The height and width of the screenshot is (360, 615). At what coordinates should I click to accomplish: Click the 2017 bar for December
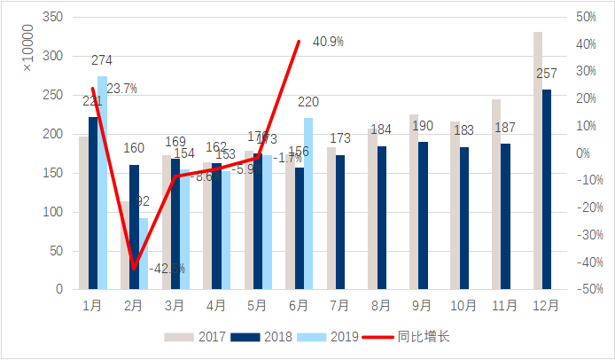[538, 160]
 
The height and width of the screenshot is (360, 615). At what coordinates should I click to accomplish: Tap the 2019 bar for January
[102, 183]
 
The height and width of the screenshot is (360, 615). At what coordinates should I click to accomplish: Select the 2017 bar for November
[496, 194]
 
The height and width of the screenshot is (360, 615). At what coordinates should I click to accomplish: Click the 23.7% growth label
[122, 89]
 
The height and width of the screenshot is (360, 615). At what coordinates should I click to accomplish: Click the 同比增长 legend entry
[409, 337]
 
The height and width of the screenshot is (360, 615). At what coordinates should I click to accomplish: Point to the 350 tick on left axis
[54, 18]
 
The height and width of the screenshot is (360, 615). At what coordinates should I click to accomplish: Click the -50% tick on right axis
[588, 290]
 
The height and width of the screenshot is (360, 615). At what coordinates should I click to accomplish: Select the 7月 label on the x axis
[339, 306]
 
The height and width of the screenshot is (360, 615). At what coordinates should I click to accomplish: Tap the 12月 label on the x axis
[546, 306]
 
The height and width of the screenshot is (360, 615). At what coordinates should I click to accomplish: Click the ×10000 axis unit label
[27, 49]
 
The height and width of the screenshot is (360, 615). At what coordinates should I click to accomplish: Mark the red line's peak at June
[299, 41]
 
